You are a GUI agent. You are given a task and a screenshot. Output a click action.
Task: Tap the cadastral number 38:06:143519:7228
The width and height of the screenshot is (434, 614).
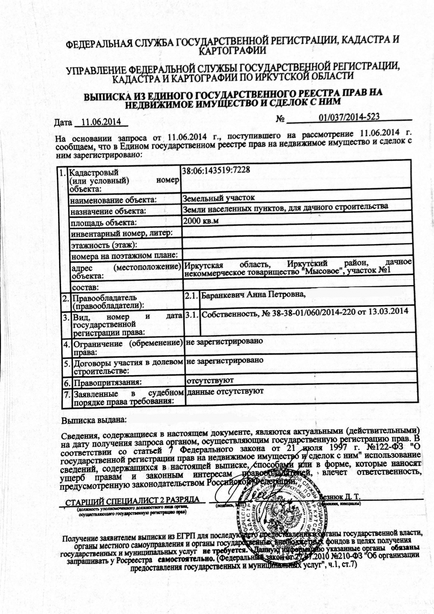point(215,170)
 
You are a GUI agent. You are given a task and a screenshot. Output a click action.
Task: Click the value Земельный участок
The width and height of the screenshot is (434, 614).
point(218,198)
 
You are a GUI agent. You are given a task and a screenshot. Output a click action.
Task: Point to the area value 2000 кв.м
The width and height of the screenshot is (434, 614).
point(200,221)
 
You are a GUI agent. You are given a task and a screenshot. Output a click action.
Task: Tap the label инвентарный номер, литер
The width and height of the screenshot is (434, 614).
point(121,234)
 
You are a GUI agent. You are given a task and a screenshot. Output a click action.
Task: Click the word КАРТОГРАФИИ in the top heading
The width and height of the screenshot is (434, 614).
point(232,50)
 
